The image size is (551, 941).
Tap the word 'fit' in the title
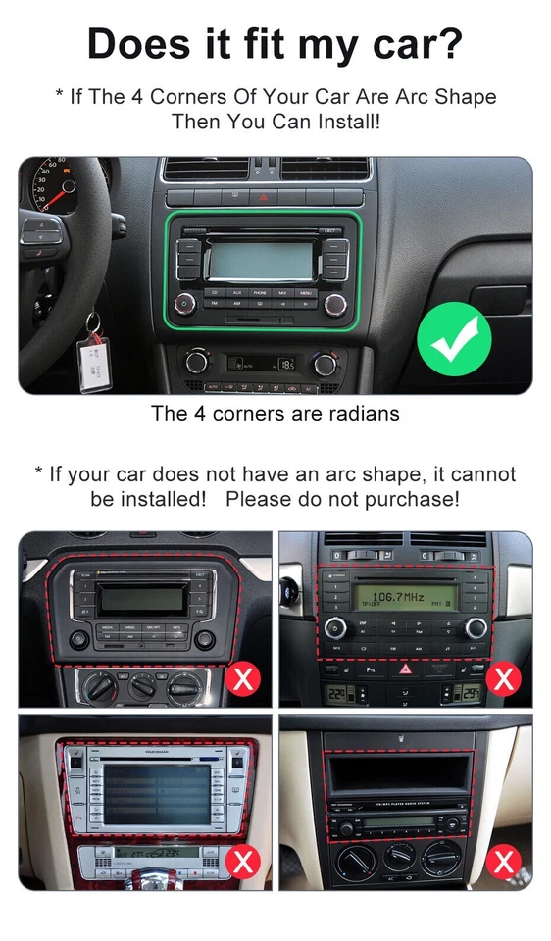tap(258, 43)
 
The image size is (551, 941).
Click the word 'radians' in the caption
tap(362, 413)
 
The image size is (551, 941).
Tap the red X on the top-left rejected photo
tap(242, 677)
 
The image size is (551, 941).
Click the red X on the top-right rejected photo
tap(504, 677)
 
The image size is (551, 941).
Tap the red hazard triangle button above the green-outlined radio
tap(263, 197)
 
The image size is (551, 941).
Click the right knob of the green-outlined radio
tap(335, 303)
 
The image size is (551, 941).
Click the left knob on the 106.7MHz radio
tap(335, 628)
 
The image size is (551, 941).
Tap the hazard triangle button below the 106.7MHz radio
tap(404, 669)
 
